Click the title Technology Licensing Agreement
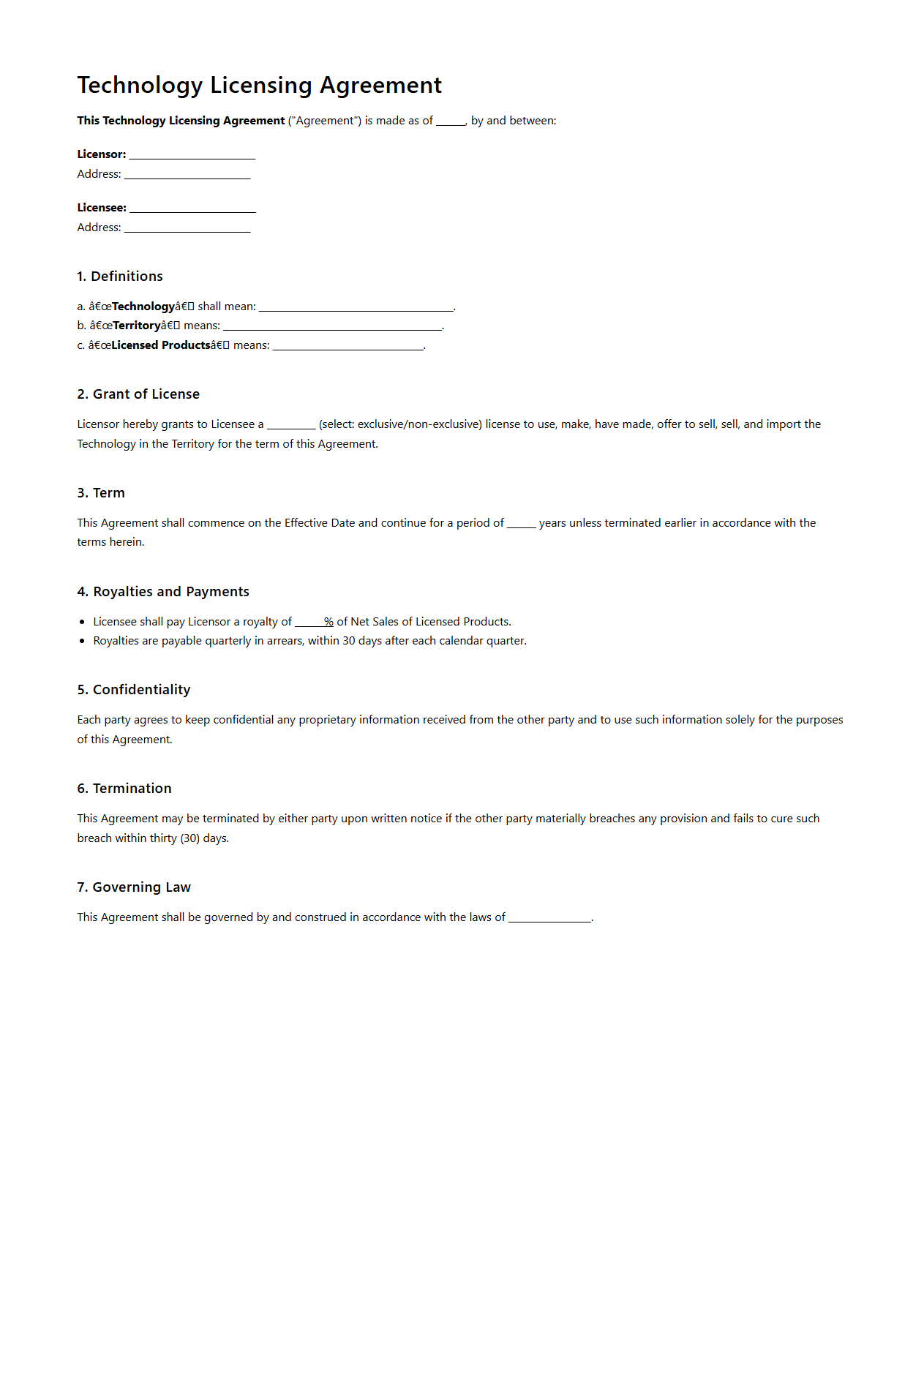click(259, 86)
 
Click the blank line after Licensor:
click(192, 155)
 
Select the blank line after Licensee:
click(192, 208)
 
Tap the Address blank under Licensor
click(187, 175)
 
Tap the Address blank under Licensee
click(187, 228)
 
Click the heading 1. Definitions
click(120, 277)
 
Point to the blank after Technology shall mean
click(356, 307)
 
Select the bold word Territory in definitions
click(137, 326)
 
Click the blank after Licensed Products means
click(348, 346)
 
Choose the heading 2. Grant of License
click(138, 394)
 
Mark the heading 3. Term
click(101, 493)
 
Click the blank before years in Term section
click(521, 524)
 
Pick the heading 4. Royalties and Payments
click(163, 592)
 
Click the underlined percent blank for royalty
click(314, 623)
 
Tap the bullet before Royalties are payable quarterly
click(82, 642)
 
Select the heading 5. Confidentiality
click(134, 690)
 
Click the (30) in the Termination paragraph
click(189, 838)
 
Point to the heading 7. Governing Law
click(134, 887)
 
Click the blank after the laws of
click(549, 918)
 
